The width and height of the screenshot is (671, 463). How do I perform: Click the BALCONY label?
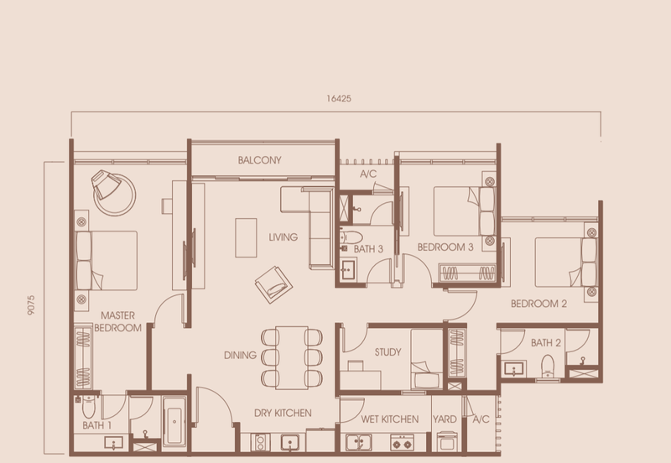pyautogui.click(x=259, y=160)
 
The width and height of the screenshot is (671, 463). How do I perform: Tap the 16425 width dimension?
pyautogui.click(x=339, y=98)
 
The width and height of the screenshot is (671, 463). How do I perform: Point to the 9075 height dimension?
pyautogui.click(x=31, y=303)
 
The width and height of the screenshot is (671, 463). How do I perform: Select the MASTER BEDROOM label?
pyautogui.click(x=117, y=321)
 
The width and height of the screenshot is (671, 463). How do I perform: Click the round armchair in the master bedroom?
pyautogui.click(x=113, y=190)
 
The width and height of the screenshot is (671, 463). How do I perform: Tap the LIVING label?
pyautogui.click(x=283, y=237)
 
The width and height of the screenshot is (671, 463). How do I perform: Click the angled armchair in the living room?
pyautogui.click(x=273, y=282)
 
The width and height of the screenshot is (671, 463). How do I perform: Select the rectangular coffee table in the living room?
pyautogui.click(x=246, y=237)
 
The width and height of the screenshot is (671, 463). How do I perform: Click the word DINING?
pyautogui.click(x=240, y=356)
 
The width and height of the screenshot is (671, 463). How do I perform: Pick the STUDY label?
pyautogui.click(x=388, y=353)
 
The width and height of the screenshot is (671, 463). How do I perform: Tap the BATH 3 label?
pyautogui.click(x=368, y=249)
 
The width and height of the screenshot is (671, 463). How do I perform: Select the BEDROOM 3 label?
pyautogui.click(x=446, y=247)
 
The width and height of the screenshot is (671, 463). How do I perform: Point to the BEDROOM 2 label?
pyautogui.click(x=538, y=304)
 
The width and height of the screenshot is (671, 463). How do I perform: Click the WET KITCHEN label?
pyautogui.click(x=390, y=418)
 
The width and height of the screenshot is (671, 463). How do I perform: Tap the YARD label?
pyautogui.click(x=445, y=418)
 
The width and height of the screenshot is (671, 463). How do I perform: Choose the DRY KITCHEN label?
pyautogui.click(x=283, y=413)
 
